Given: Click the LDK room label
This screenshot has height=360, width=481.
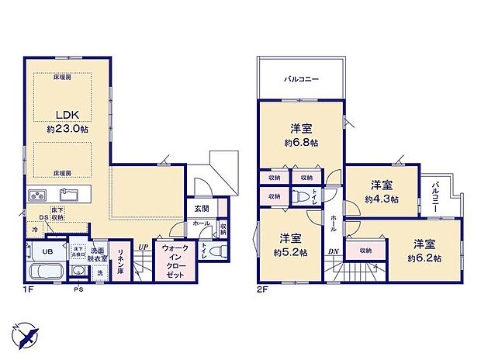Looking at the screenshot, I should click(63, 112).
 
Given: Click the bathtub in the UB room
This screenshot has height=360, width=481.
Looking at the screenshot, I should click(47, 274).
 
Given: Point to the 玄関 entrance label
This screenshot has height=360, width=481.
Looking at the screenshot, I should click(202, 209).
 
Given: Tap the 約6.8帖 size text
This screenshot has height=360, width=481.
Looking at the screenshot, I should click(301, 143).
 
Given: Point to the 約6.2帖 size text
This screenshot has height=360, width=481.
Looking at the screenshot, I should click(426, 258).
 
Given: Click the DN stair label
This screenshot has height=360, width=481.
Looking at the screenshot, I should click(333, 251).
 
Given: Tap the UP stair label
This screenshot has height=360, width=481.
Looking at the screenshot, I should click(142, 247).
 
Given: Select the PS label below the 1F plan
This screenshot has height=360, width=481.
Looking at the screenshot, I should click(78, 290).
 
